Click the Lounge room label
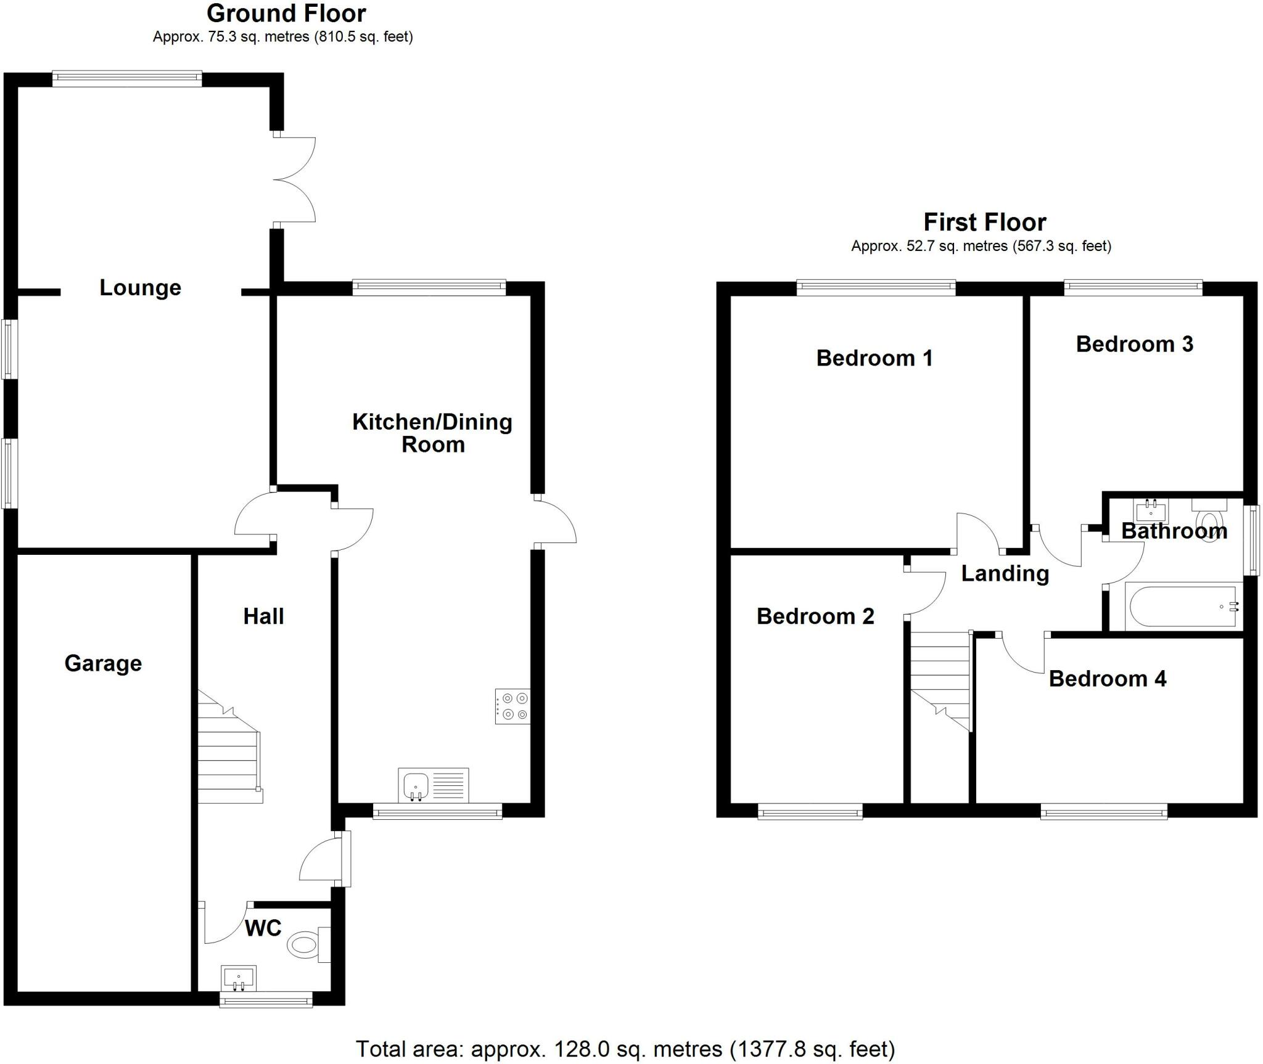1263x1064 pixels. coord(141,287)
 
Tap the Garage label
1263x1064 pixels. coord(103,663)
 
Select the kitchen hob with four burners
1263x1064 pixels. coord(512,706)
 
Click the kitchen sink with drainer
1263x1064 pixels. coord(434,785)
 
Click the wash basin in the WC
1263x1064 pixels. coord(239,978)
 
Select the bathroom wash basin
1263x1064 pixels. coord(1151,511)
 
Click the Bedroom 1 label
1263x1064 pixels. coord(874,358)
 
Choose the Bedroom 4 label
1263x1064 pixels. coord(1108,679)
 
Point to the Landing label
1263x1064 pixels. coord(1005,573)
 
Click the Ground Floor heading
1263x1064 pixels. coord(286,13)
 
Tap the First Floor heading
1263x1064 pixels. coord(985,222)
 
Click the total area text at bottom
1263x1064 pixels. coord(625,1049)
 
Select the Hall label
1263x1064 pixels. coord(263,616)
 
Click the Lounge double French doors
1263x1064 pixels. coord(294,179)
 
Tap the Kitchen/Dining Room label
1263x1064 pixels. coord(432,433)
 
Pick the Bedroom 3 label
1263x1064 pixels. coord(1135,344)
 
